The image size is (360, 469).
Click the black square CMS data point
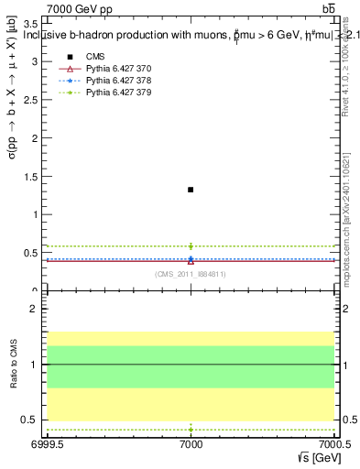point(191,190)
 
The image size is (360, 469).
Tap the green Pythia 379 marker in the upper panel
point(191,245)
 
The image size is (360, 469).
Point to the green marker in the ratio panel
point(191,429)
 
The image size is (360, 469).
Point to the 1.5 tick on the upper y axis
point(30,176)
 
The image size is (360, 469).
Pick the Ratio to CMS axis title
point(12,365)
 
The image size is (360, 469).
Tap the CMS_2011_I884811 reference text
point(191,274)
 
